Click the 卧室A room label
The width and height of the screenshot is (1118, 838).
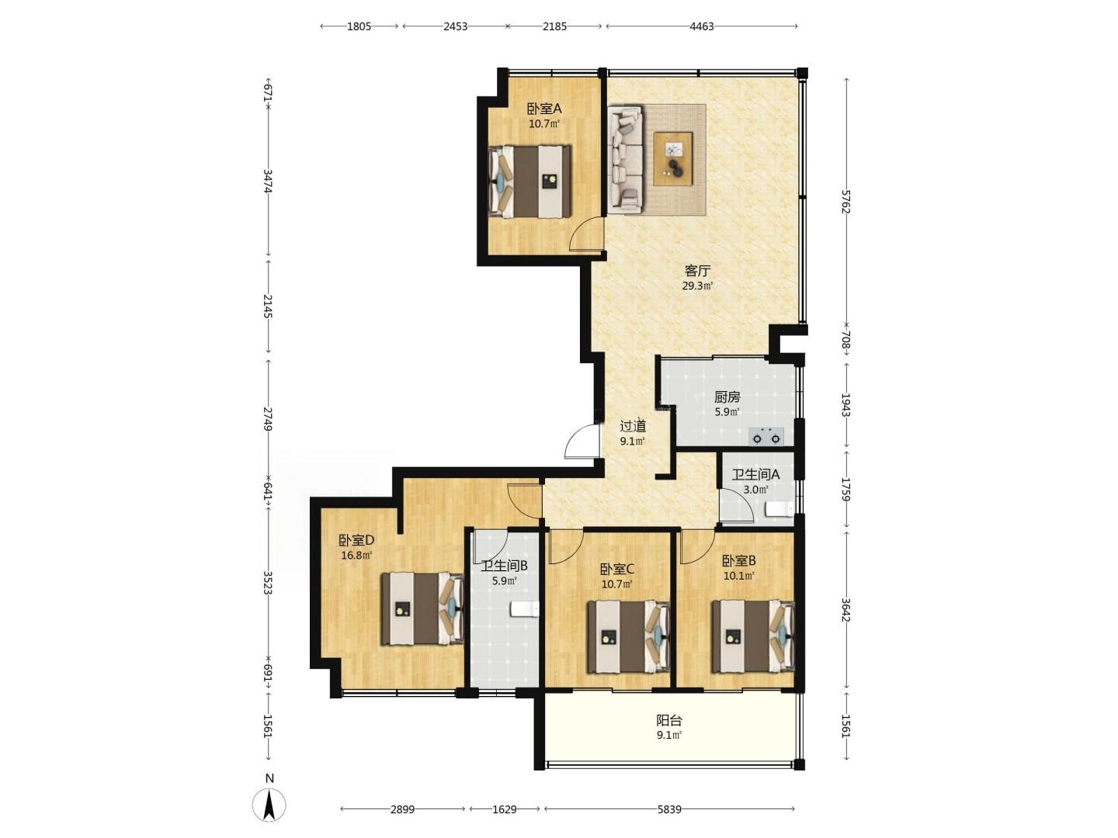tap(544, 109)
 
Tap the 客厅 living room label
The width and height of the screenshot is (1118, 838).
tap(697, 270)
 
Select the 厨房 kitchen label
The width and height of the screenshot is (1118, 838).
tap(727, 396)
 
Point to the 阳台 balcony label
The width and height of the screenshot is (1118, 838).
tap(668, 721)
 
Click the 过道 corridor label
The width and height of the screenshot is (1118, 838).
tap(633, 425)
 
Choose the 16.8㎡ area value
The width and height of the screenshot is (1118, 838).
tap(356, 555)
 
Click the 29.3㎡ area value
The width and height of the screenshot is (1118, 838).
tap(697, 286)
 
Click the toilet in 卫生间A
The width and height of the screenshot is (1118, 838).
tap(779, 508)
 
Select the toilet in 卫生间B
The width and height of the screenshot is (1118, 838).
tap(525, 608)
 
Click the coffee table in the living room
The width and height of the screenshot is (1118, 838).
tap(673, 159)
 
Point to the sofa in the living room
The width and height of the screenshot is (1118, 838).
tap(625, 159)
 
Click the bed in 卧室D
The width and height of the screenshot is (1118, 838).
tap(423, 609)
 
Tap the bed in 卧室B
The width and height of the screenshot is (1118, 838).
tap(753, 636)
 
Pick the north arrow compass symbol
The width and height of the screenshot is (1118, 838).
tap(269, 805)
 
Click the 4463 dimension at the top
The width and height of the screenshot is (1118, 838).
tap(701, 26)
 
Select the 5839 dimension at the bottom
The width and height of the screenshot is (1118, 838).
tap(668, 809)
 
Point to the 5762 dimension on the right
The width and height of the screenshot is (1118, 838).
tap(846, 202)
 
